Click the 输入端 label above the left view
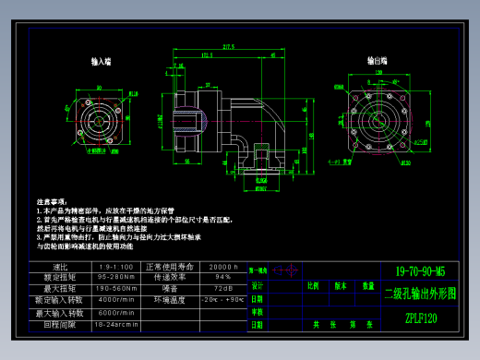point(102,62)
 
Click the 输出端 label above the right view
point(377,60)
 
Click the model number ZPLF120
point(420,319)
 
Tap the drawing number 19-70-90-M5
point(420,271)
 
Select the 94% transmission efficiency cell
point(222,277)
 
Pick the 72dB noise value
point(222,289)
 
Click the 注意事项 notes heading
point(51,200)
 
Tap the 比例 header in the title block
point(312,285)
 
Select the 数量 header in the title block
point(366,285)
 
